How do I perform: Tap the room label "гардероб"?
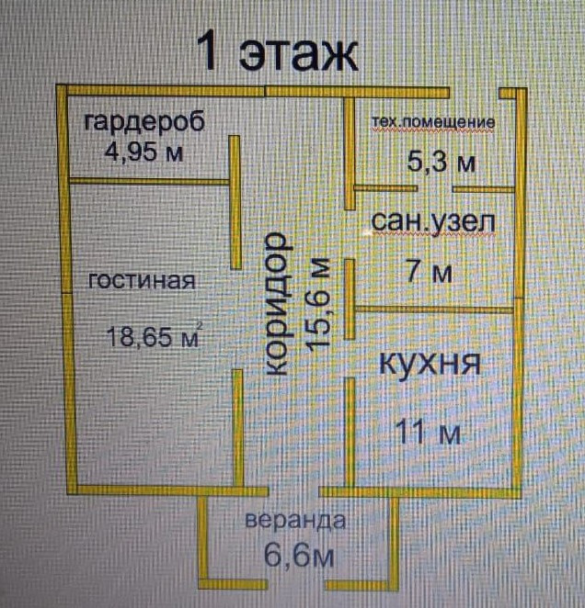[143, 122]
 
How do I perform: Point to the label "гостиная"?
[142, 281]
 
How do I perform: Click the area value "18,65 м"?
[153, 337]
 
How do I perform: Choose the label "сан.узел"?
[432, 221]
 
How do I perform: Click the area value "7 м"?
[429, 272]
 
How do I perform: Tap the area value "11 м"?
[429, 431]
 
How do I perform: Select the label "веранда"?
[295, 522]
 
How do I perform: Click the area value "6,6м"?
[295, 555]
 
